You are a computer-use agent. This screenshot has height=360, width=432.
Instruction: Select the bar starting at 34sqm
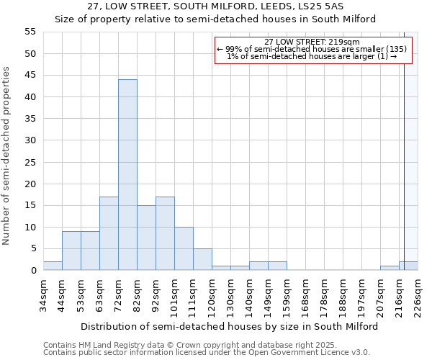tap(53, 266)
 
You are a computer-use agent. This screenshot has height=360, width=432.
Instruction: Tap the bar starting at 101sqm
tap(184, 248)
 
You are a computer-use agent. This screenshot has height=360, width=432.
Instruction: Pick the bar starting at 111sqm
tap(202, 259)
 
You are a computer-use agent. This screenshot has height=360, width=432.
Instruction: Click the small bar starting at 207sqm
tap(390, 268)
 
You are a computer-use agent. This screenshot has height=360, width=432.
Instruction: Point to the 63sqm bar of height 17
tap(109, 233)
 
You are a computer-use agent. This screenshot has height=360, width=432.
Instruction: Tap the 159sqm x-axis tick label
tap(287, 294)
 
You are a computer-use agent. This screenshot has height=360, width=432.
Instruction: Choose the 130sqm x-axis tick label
tap(231, 294)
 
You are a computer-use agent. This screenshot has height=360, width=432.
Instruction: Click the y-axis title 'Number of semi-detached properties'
tap(7, 156)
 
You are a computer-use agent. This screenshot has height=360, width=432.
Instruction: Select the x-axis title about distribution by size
tap(229, 326)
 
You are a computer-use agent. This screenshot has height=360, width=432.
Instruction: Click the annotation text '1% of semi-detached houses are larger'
tap(311, 56)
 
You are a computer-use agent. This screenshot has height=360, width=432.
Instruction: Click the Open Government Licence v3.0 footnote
tap(207, 352)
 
